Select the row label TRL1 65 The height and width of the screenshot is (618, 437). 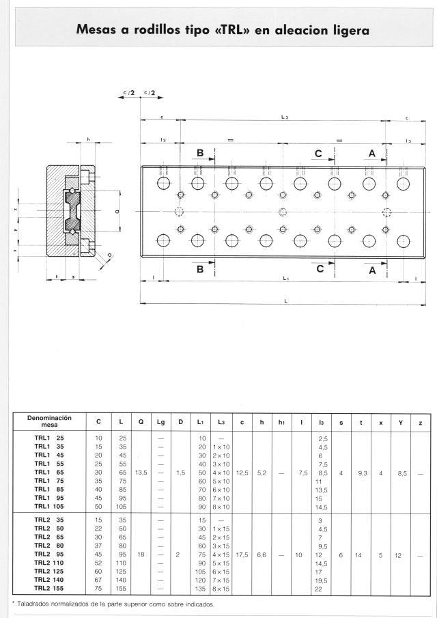[x=49, y=472]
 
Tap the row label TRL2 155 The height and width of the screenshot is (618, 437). [x=49, y=589]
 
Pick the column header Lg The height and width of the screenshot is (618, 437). [x=160, y=422]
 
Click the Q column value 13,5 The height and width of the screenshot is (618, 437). [x=141, y=473]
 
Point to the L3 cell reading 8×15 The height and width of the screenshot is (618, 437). [x=221, y=589]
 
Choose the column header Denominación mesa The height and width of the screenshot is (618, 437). [x=50, y=421]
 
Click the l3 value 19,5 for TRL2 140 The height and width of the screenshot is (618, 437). [x=322, y=580]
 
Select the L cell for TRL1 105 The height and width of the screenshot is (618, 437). [x=122, y=507]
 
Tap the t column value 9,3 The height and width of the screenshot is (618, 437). [x=363, y=473]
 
